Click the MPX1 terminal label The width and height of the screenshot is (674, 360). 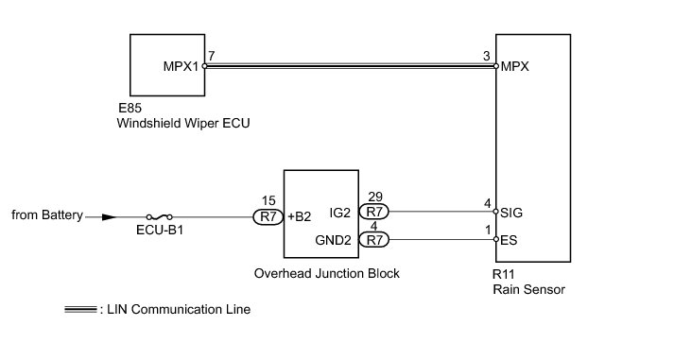coord(181,66)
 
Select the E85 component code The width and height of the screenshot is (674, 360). coord(130,108)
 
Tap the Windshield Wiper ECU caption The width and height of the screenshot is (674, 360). coord(183,123)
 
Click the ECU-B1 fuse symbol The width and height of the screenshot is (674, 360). coord(160,217)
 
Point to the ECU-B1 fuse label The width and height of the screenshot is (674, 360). coord(160,231)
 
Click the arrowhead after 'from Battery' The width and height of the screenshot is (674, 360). coord(109,217)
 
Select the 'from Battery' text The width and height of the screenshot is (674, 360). coord(47,214)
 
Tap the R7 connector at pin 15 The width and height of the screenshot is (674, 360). coord(268,216)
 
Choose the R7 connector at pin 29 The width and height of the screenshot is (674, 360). coord(374,212)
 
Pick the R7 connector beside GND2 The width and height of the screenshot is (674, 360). coord(374,239)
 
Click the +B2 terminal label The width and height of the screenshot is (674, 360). coord(299,216)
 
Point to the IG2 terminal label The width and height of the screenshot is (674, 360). coord(340,213)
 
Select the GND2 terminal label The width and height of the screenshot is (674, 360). coord(333,240)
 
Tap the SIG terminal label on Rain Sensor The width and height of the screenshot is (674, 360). coord(511,213)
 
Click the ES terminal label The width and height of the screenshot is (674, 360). coord(509,240)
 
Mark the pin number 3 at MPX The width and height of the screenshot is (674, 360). coord(486,56)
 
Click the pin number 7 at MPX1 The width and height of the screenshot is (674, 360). coord(211,56)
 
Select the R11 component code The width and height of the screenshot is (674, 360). coord(503,274)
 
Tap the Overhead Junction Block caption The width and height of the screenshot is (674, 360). coord(327,274)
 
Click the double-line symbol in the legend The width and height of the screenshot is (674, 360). coord(80,309)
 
